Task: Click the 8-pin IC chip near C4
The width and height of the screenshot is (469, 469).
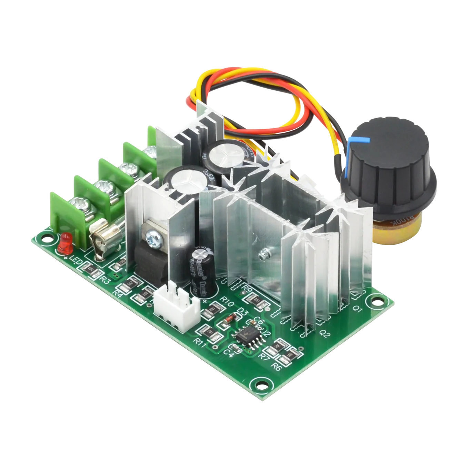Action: (246, 335)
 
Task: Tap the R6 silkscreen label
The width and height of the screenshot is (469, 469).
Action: (276, 367)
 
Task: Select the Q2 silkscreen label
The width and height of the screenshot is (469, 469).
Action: (325, 334)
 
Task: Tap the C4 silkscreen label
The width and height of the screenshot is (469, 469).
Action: (229, 352)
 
